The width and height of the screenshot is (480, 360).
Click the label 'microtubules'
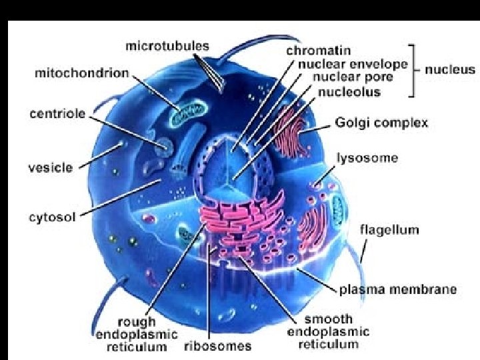pos(167,47)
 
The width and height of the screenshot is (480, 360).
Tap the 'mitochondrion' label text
pos(81,73)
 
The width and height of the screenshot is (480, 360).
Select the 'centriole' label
pos(57,113)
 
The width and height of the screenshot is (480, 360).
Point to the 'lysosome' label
pos(367,159)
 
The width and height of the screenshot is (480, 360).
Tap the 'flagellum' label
pos(389,230)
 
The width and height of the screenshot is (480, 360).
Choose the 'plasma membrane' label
pos(398,289)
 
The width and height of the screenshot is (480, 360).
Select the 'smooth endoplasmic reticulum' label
pos(328,331)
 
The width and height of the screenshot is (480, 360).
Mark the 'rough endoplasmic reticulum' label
pos(136,334)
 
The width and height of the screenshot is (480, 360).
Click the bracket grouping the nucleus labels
pos(414,69)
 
